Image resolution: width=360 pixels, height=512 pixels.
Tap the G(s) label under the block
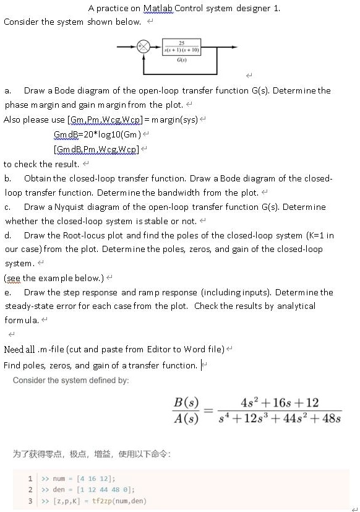point(179,60)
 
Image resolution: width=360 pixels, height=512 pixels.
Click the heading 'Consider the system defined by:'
point(71,380)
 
